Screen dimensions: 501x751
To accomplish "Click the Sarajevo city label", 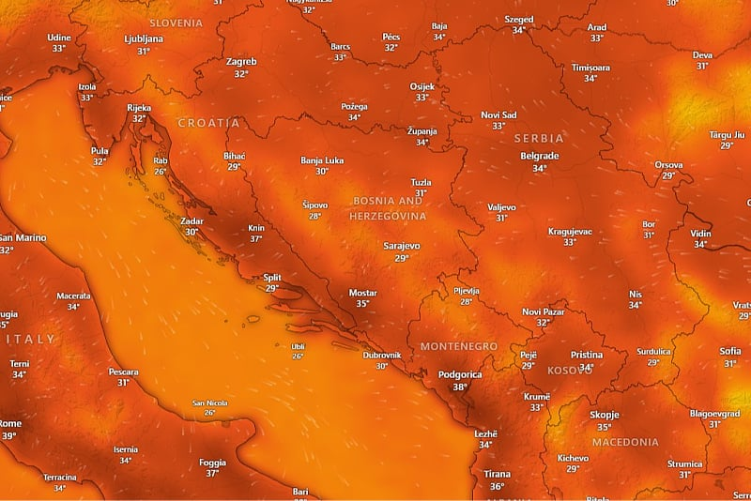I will point(402,245).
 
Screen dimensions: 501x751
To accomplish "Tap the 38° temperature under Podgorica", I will point(460,387).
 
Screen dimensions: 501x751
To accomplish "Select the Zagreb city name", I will point(241,62).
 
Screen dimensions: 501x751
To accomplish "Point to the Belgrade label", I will point(539,156).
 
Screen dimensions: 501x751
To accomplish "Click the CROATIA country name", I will point(208,123).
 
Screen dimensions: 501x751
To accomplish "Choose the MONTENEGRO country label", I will point(459,346).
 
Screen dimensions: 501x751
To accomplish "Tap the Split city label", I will point(272,278).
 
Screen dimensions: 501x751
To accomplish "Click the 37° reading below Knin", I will point(255,239).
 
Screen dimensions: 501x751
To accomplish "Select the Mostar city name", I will point(362,293).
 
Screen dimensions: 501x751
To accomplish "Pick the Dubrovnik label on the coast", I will point(382,355).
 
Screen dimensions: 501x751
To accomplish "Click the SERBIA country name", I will point(539,138).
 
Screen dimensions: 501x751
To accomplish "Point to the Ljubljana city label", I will point(144,39).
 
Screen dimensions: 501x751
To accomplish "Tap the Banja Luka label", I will point(322,160).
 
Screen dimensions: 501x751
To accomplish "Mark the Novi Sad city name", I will point(498,114).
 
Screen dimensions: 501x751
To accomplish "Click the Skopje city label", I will point(605,415).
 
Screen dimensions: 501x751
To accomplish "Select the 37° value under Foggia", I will point(213,474).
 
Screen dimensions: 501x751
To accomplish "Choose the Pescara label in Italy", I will point(123,372).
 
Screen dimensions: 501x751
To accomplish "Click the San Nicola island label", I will point(210,403).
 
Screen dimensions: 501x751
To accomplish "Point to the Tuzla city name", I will point(421,182).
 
